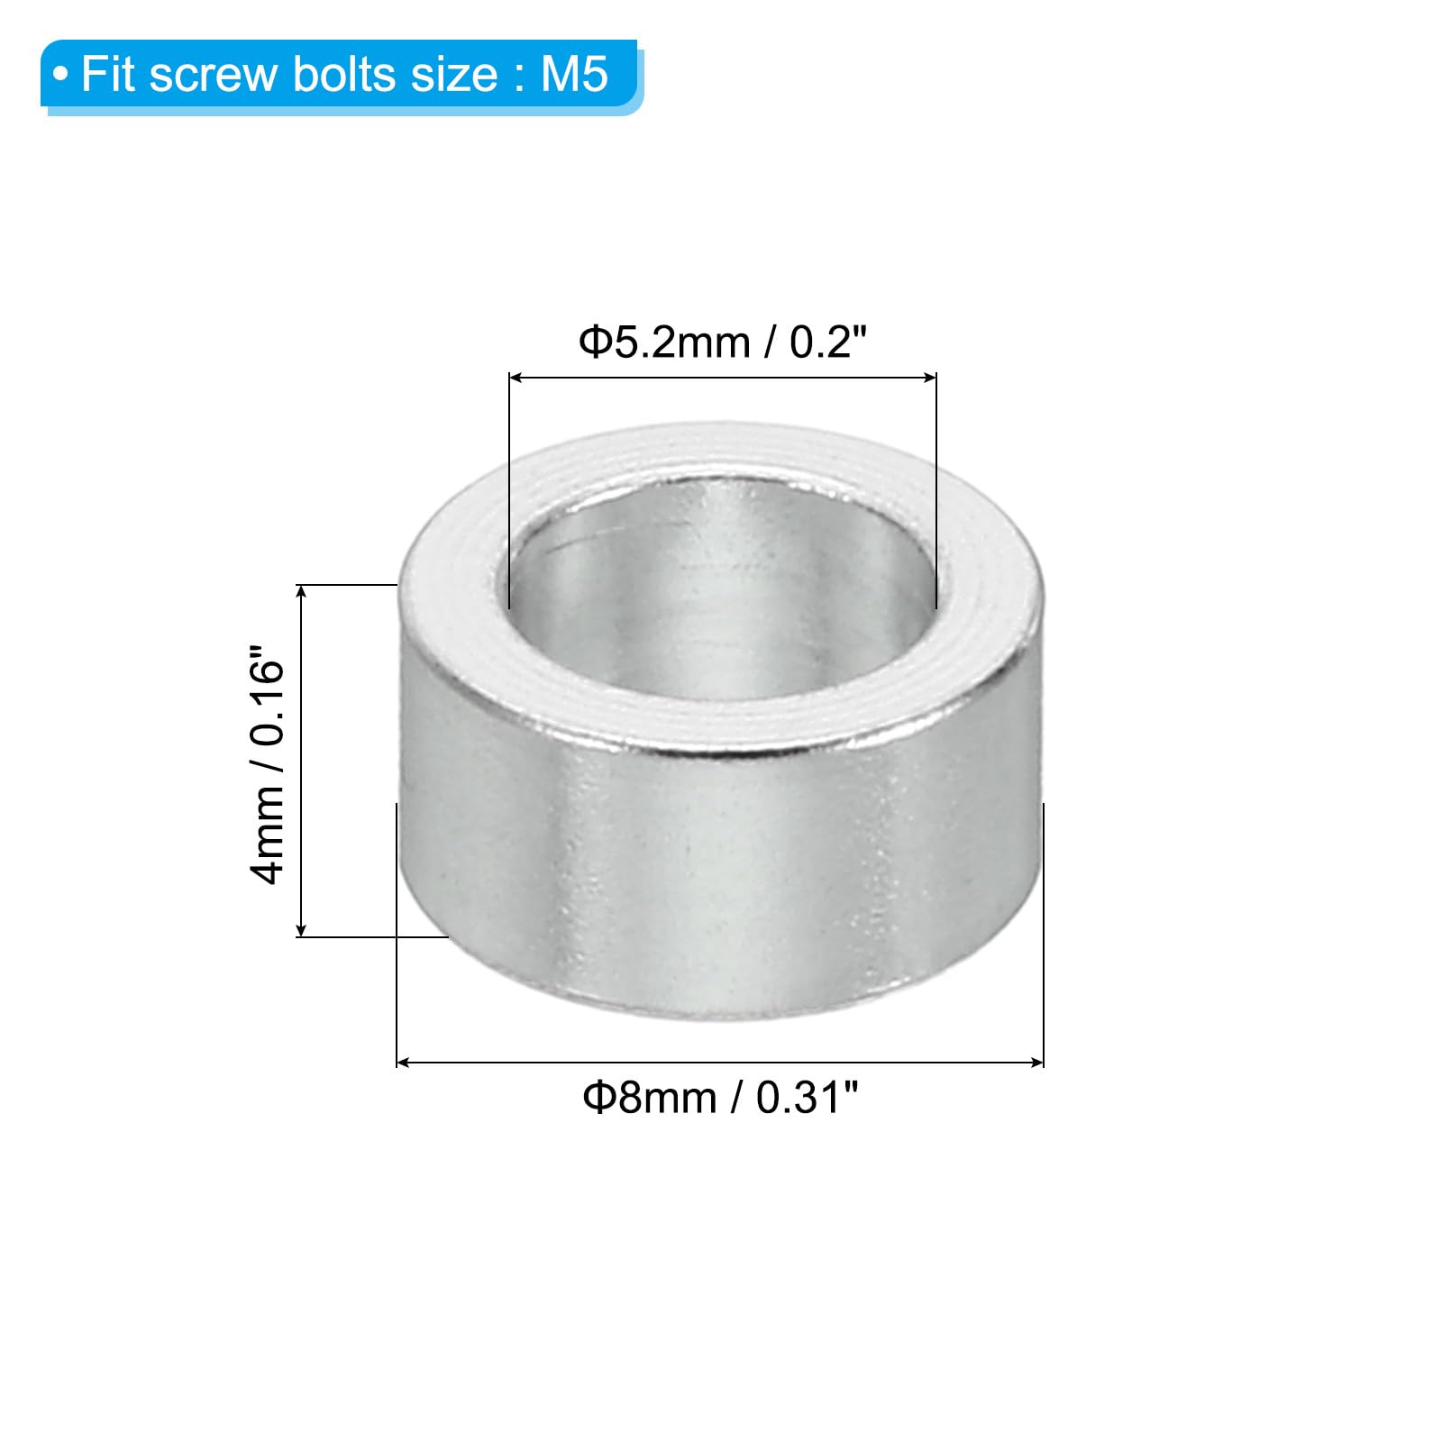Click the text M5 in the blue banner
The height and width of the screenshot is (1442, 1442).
(574, 74)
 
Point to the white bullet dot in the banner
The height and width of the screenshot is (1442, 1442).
(60, 75)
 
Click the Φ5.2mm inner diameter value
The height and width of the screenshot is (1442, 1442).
(664, 342)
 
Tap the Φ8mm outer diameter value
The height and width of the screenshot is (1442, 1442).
(649, 1098)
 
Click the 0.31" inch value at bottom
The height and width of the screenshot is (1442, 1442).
(807, 1098)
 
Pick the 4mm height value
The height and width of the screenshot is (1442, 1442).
(268, 835)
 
